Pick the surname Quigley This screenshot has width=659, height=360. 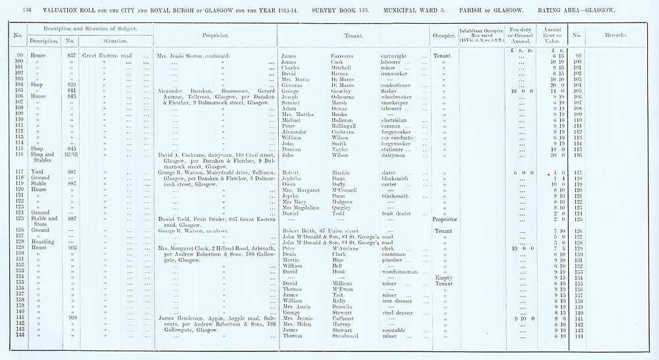pos(343,207)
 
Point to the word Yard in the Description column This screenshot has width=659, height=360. pos(37,172)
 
